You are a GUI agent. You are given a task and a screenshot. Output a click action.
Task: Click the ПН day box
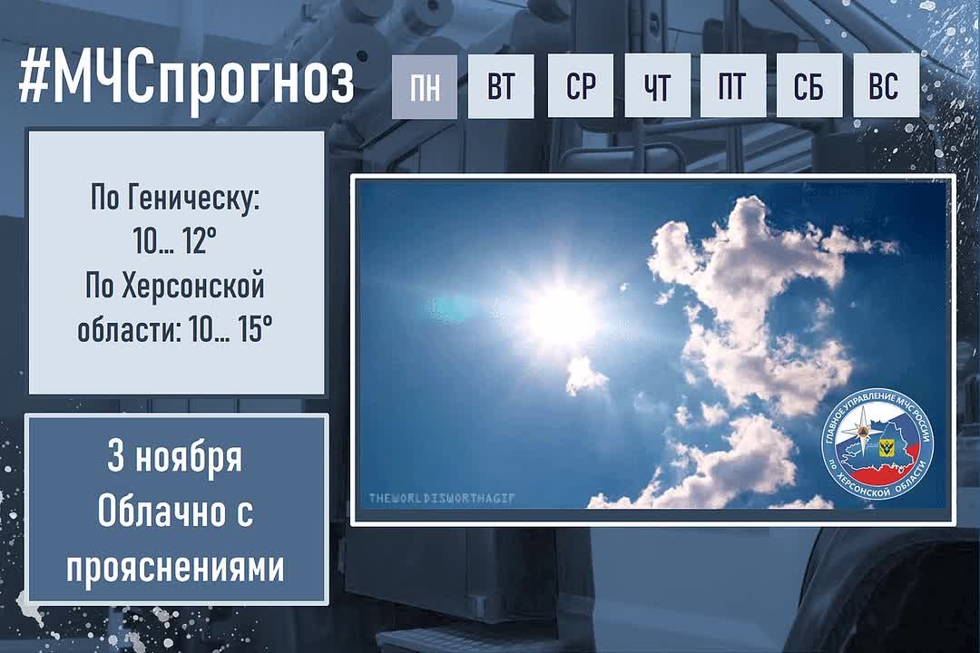[424, 87]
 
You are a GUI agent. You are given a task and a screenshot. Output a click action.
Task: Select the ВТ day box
[501, 87]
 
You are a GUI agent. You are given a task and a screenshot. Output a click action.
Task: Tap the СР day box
[581, 87]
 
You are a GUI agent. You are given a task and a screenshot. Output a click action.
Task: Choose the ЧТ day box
[657, 87]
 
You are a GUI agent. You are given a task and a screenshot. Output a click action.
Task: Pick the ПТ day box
[732, 87]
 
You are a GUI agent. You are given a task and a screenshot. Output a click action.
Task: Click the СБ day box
[809, 87]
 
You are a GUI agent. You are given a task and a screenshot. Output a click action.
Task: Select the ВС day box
[886, 87]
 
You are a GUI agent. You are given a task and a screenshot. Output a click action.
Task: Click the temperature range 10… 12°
[175, 242]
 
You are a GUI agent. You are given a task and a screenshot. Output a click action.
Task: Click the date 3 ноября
[175, 458]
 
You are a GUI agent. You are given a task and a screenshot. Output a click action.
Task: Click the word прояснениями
[175, 567]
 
